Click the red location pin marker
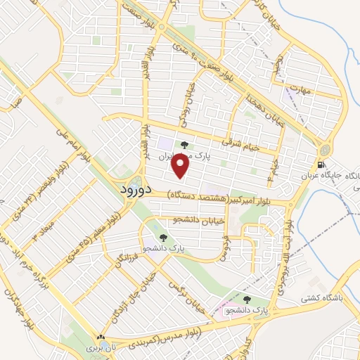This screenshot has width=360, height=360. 181,166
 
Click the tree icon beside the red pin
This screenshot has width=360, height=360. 184,145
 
